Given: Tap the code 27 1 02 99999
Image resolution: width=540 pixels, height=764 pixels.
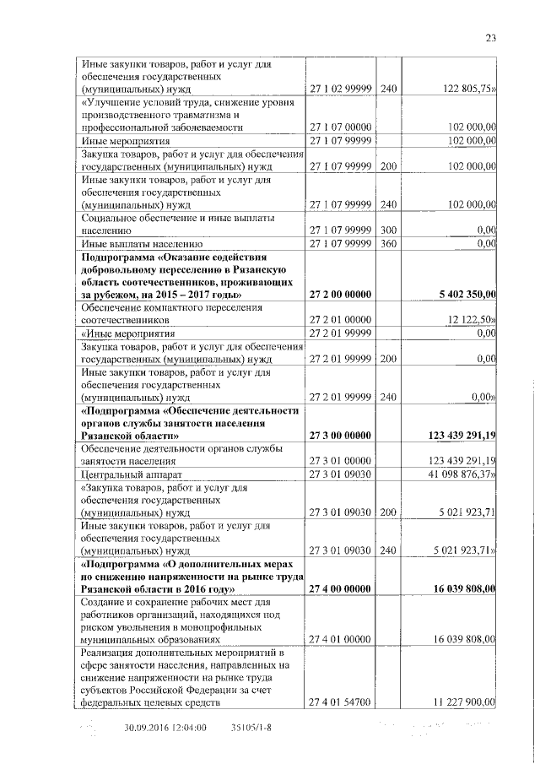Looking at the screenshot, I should pos(341,88).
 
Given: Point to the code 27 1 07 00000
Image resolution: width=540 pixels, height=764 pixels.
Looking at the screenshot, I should pos(341,127).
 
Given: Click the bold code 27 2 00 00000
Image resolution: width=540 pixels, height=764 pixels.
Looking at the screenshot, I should pos(341,294).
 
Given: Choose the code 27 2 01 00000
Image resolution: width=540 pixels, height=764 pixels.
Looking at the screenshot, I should pos(341,320).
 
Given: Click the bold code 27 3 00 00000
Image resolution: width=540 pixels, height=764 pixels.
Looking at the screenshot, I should pos(341,435).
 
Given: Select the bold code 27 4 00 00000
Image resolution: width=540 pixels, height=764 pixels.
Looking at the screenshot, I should pos(341,588).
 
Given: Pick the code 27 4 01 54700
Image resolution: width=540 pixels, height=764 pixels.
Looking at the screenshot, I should pos(341,702).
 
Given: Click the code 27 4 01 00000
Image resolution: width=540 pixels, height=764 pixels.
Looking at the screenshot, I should pos(341,640).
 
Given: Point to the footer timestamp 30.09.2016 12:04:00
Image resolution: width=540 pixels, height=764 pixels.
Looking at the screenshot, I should pos(165,727).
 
